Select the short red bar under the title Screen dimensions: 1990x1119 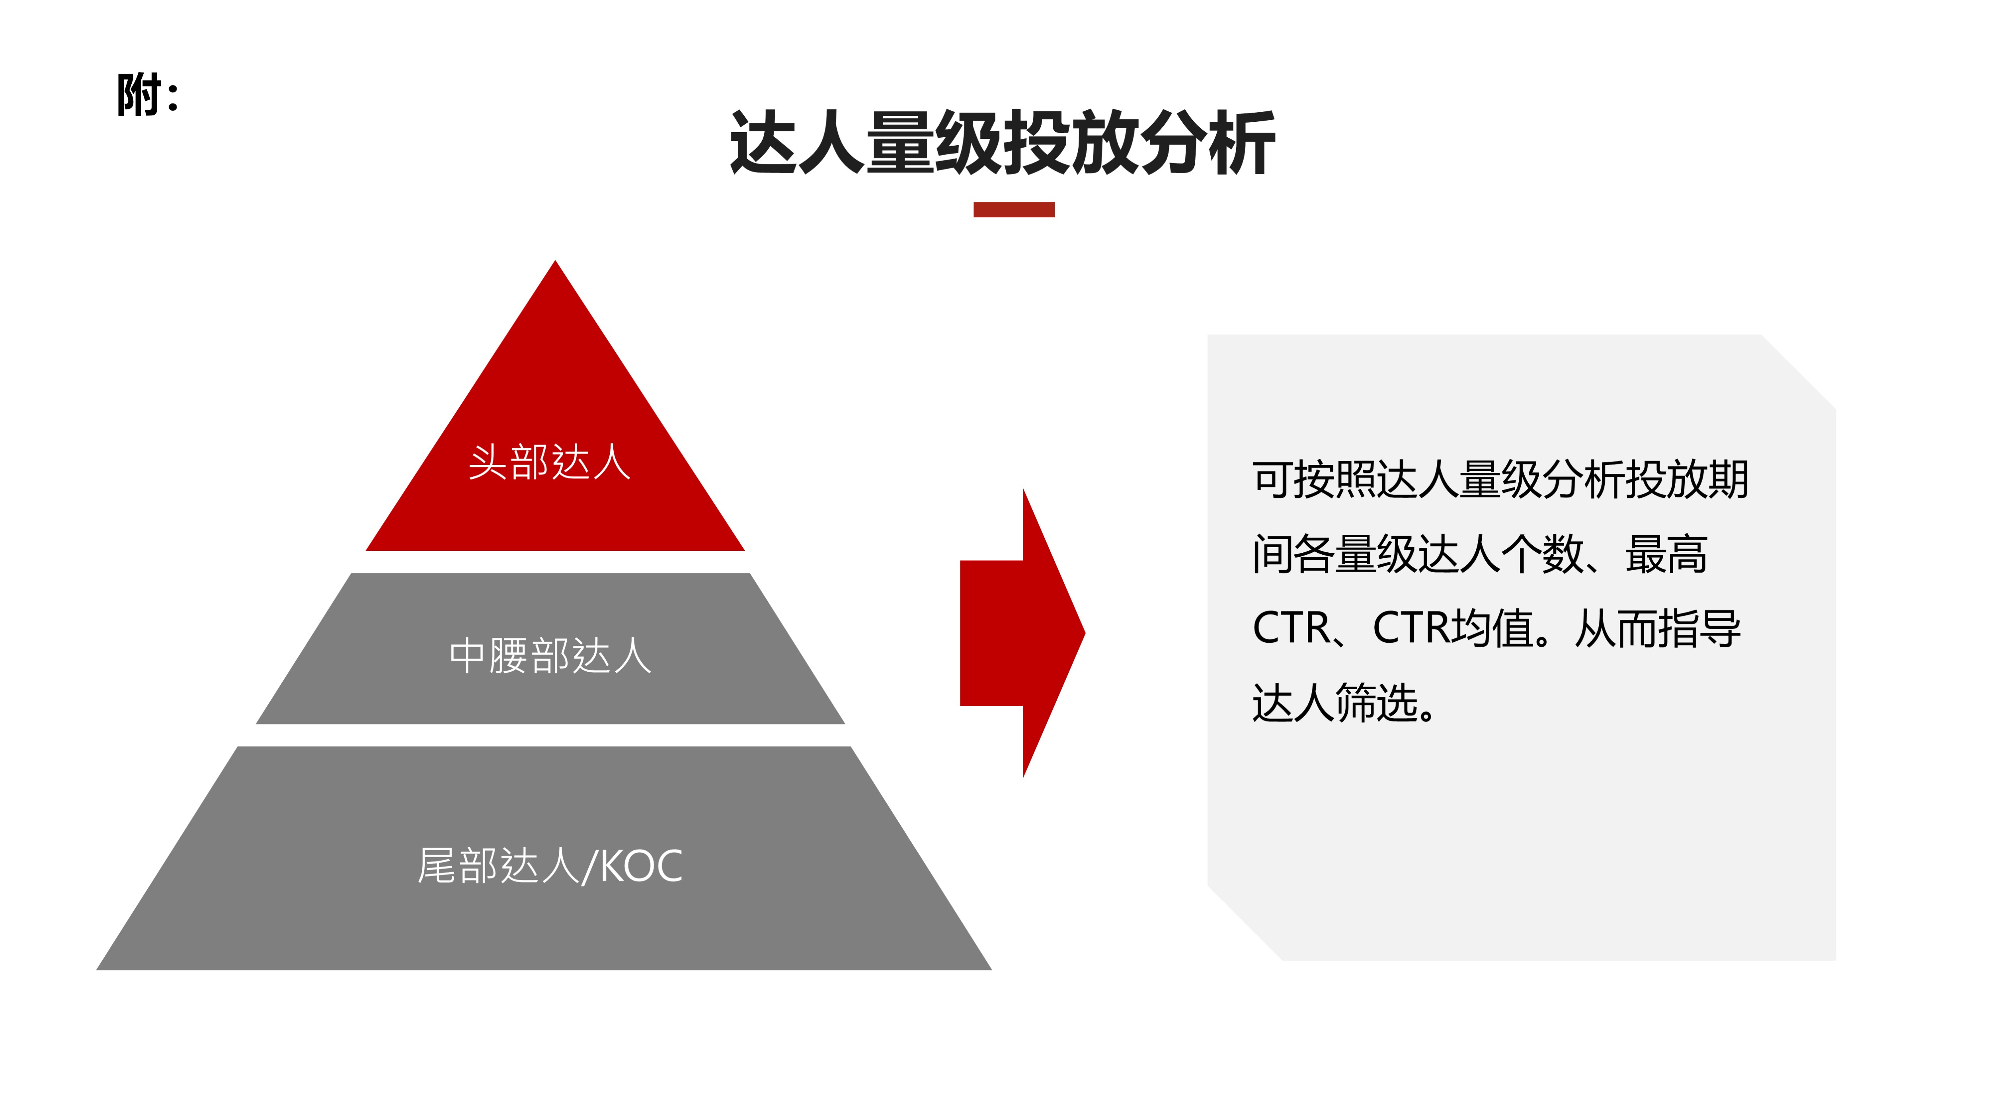pos(1014,209)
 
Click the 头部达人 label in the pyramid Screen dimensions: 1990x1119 pos(549,462)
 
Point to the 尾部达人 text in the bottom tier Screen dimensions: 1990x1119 pos(498,865)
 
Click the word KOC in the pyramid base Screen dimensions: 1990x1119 pos(641,866)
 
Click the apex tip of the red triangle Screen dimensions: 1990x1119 pos(555,261)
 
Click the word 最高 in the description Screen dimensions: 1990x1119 pos(1666,553)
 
